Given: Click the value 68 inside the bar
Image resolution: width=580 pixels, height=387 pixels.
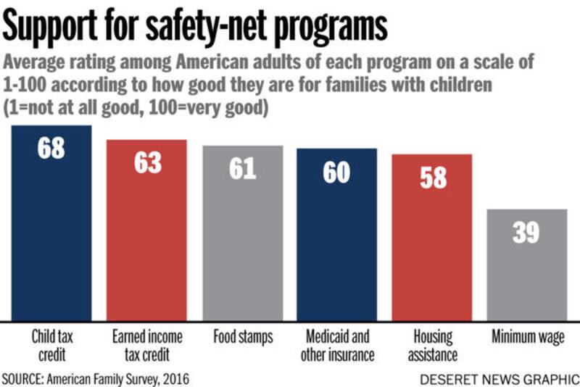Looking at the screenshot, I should [51, 147].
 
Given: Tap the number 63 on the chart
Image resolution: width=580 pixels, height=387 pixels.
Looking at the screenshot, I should [147, 162].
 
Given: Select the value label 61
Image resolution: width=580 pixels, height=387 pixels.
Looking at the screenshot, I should [242, 168].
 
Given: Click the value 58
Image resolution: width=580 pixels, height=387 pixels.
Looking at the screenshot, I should [433, 178].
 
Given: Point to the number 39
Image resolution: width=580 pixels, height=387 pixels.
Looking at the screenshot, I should [526, 233].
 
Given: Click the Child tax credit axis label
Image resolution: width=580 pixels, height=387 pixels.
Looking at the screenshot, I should [51, 346].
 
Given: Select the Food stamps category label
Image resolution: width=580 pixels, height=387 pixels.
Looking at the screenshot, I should [242, 337].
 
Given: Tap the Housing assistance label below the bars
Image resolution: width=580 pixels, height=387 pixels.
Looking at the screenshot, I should [433, 346].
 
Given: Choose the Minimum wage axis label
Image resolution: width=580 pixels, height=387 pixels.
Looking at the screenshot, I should [527, 337].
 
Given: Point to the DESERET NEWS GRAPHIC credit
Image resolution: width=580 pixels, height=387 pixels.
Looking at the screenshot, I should [499, 378].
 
